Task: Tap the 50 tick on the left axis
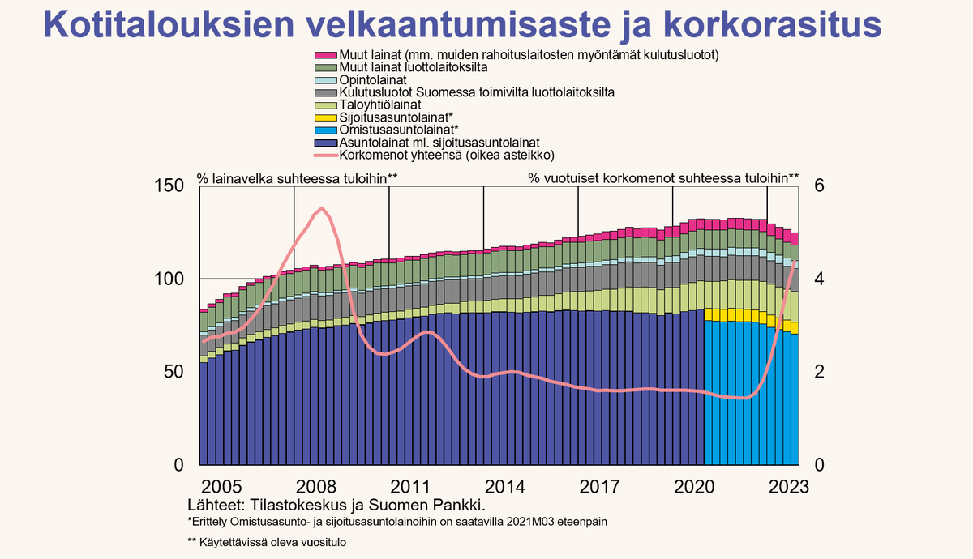coord(172,372)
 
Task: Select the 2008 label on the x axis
coord(317,487)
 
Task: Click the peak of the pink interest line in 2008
coord(322,208)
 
